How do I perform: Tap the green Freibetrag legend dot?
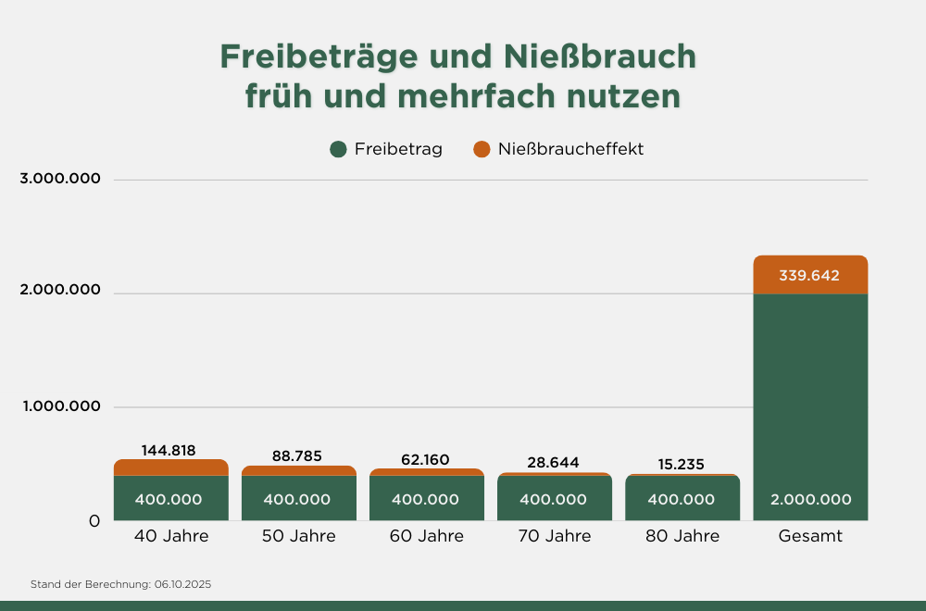tap(338, 149)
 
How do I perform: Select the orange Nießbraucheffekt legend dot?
tap(482, 149)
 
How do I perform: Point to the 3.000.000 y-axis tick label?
tap(60, 180)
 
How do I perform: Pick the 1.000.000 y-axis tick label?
tap(60, 407)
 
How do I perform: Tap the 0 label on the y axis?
tap(94, 521)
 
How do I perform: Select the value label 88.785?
tap(297, 456)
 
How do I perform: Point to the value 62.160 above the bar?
tap(426, 458)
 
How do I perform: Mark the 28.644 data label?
tap(554, 462)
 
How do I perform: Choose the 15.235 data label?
tap(682, 463)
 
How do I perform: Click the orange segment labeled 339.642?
tap(810, 275)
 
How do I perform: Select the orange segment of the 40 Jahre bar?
tap(171, 468)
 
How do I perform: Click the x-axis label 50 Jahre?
tap(299, 536)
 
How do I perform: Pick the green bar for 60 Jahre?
tap(426, 498)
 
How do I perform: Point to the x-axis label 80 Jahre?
tap(682, 536)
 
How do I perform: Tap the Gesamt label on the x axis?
tap(810, 536)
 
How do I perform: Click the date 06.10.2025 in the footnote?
tap(183, 585)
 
